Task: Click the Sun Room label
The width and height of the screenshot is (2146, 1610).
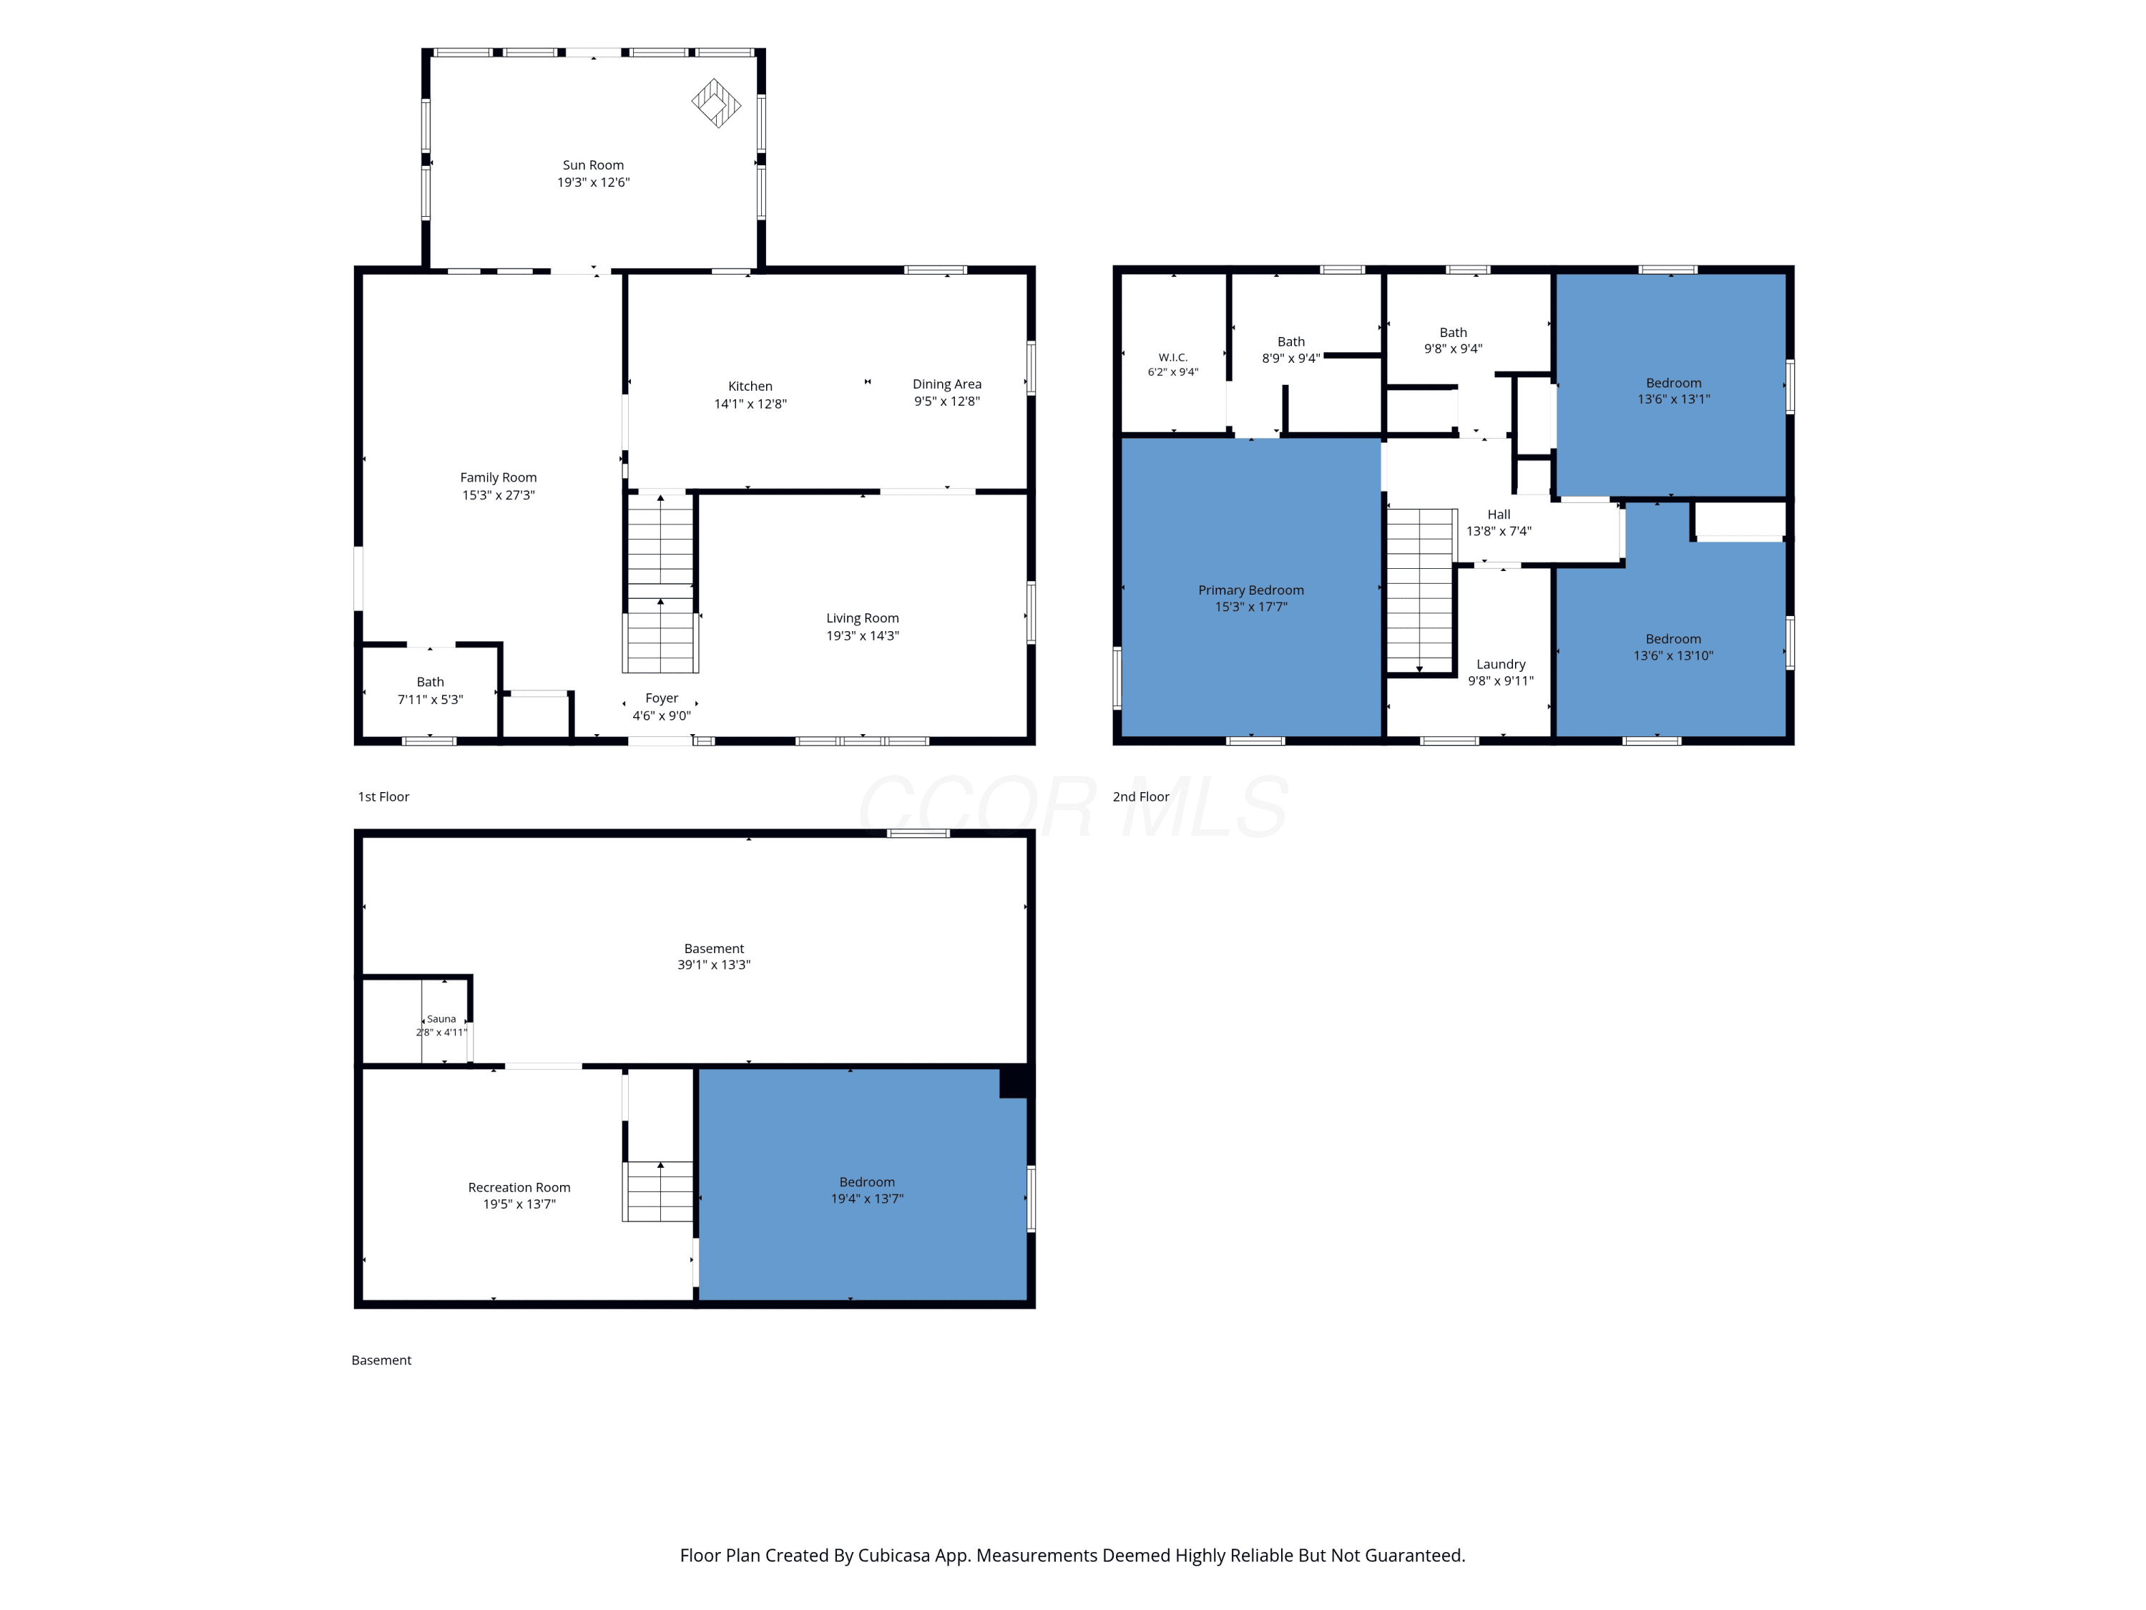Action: [593, 165]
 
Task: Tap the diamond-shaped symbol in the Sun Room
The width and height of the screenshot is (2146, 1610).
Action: [716, 103]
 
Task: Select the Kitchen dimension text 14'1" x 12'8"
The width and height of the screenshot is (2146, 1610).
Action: [750, 404]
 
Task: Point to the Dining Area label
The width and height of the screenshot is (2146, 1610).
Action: [947, 384]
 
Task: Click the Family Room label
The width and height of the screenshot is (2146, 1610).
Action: [498, 477]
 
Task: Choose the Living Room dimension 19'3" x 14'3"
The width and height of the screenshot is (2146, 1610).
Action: [863, 635]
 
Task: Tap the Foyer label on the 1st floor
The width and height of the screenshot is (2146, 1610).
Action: [662, 698]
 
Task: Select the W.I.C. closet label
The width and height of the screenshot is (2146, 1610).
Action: [1173, 358]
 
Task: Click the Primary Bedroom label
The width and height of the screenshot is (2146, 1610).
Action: [1250, 590]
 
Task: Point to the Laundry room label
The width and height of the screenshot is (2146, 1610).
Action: [1501, 665]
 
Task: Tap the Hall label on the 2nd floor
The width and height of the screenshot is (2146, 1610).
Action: [1499, 514]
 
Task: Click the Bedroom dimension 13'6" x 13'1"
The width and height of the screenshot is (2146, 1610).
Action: [1674, 399]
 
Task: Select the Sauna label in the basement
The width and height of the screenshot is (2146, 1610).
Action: [441, 1019]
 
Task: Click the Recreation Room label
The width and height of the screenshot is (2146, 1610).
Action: [519, 1188]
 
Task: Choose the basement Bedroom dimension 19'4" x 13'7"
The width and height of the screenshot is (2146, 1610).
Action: [866, 1199]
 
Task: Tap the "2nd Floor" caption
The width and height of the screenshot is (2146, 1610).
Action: [1141, 796]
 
